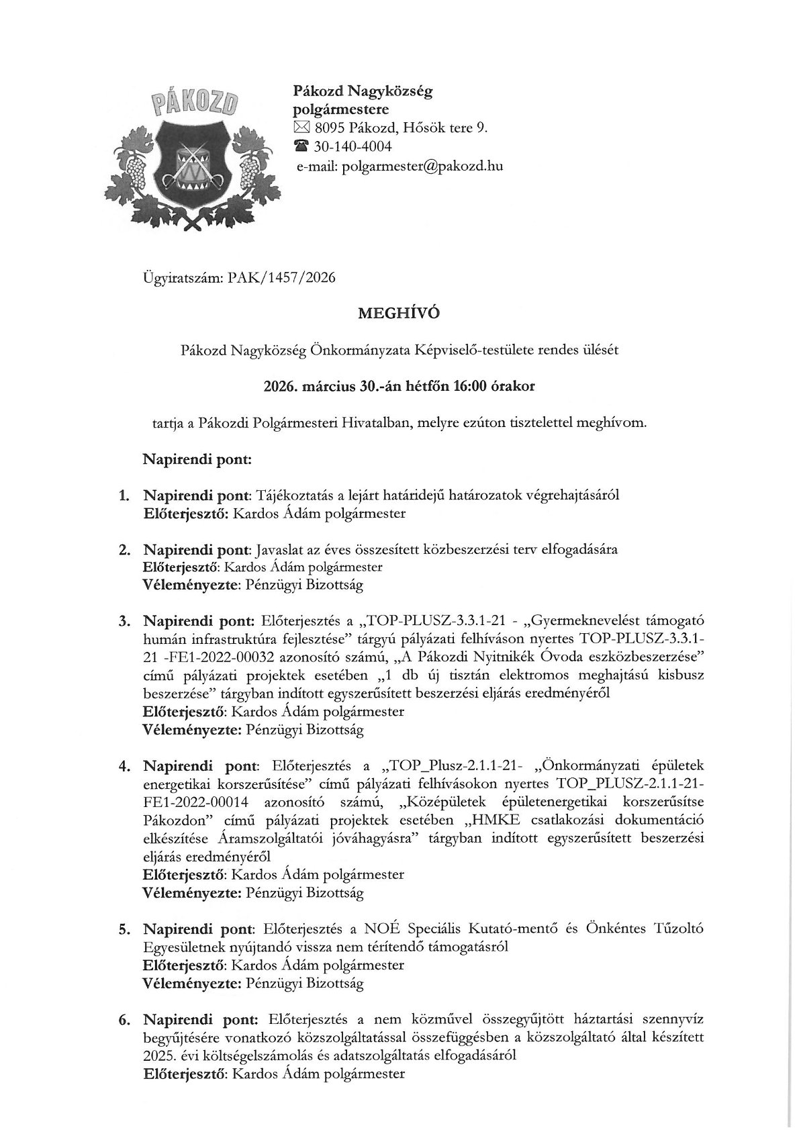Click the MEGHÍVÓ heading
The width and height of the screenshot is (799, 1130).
pyautogui.click(x=399, y=314)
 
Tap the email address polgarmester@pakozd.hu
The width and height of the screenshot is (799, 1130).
pyautogui.click(x=422, y=166)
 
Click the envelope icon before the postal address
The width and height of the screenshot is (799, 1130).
pyautogui.click(x=299, y=128)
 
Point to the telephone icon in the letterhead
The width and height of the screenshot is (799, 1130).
pyautogui.click(x=299, y=146)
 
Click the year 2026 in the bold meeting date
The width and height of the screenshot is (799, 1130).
pyautogui.click(x=277, y=386)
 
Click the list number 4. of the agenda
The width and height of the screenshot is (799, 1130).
pyautogui.click(x=124, y=766)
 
